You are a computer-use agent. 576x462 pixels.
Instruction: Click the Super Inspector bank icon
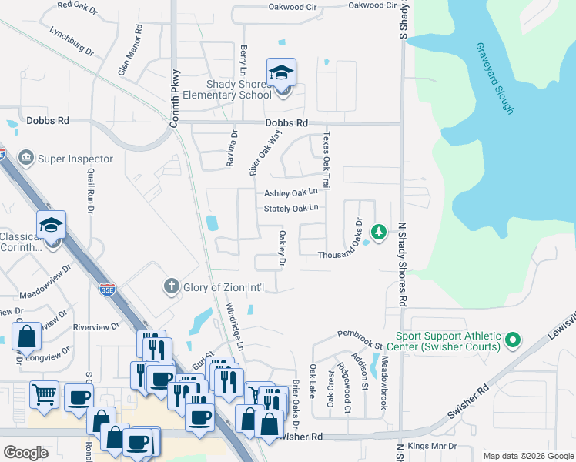click(27, 159)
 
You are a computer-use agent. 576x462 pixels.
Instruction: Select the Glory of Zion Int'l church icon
click(172, 287)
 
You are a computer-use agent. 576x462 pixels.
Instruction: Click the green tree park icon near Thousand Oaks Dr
click(378, 231)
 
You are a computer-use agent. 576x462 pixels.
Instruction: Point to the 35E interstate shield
click(107, 290)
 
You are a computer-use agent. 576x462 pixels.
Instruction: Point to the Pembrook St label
click(360, 335)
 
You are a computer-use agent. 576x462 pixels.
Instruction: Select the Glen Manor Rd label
click(129, 49)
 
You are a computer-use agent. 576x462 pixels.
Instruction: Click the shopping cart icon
click(45, 395)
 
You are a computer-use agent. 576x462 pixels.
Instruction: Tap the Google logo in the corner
click(25, 452)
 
